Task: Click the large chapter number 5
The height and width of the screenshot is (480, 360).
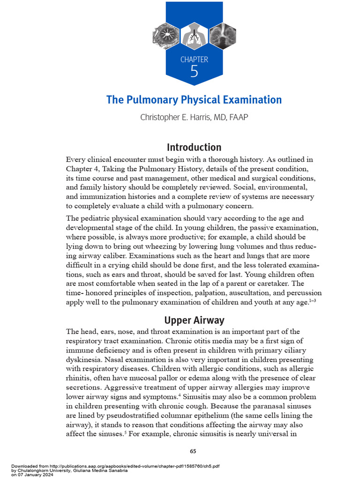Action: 194,71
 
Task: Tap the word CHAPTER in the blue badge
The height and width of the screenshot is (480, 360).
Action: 194,60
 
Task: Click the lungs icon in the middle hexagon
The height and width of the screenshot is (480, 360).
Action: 194,36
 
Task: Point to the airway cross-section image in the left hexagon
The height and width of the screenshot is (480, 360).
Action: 166,36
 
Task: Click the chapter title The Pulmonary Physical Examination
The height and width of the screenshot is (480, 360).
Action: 194,100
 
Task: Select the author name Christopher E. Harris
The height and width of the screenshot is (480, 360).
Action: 178,117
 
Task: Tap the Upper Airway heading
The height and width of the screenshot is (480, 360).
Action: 194,321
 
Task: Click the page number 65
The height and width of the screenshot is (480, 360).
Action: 193,451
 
